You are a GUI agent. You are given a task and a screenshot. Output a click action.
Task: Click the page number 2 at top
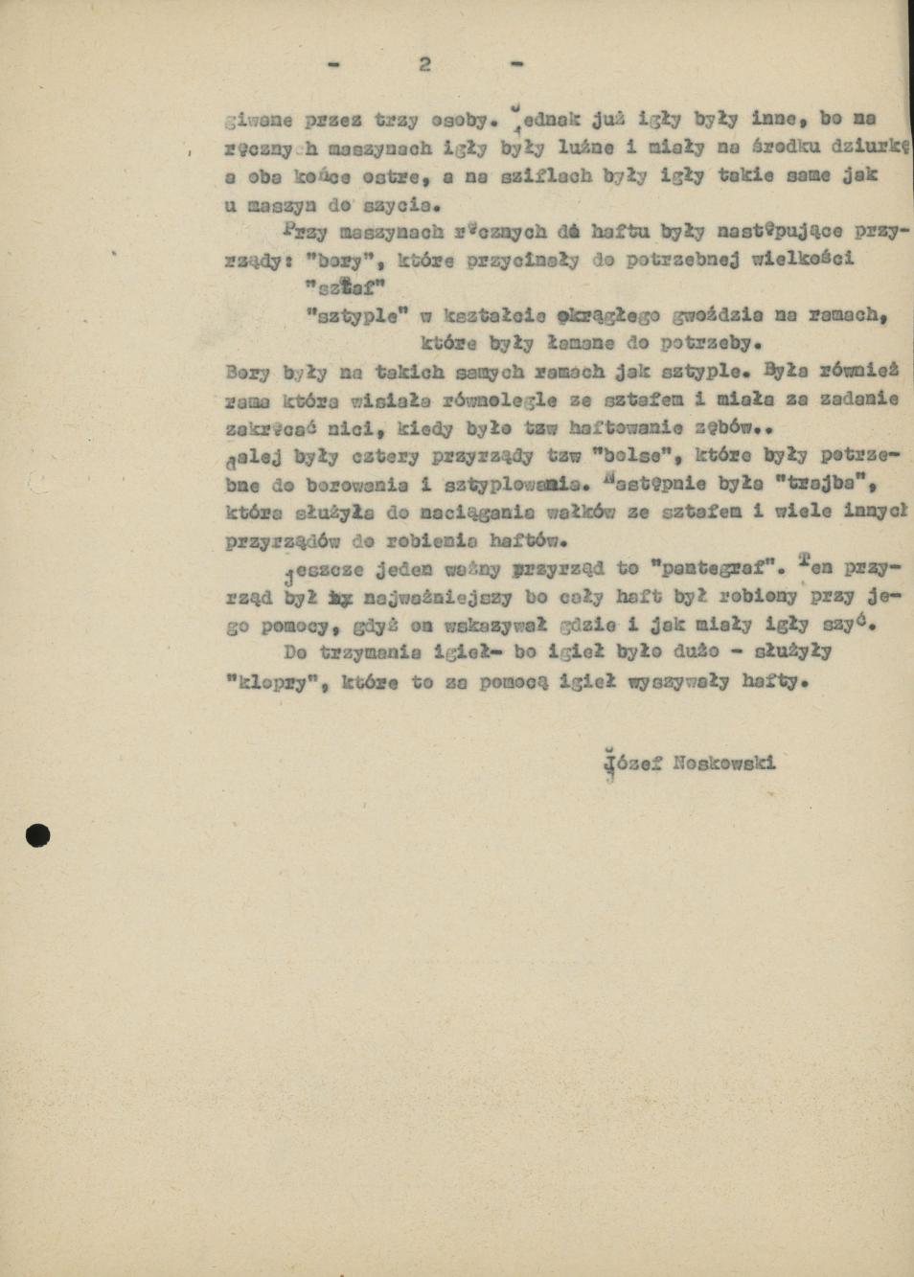pos(424,64)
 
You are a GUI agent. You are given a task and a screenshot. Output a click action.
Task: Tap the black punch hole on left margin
pos(37,835)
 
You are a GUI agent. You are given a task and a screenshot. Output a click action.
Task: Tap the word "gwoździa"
pos(713,314)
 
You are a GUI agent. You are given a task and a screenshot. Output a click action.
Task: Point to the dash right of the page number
pos(517,64)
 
